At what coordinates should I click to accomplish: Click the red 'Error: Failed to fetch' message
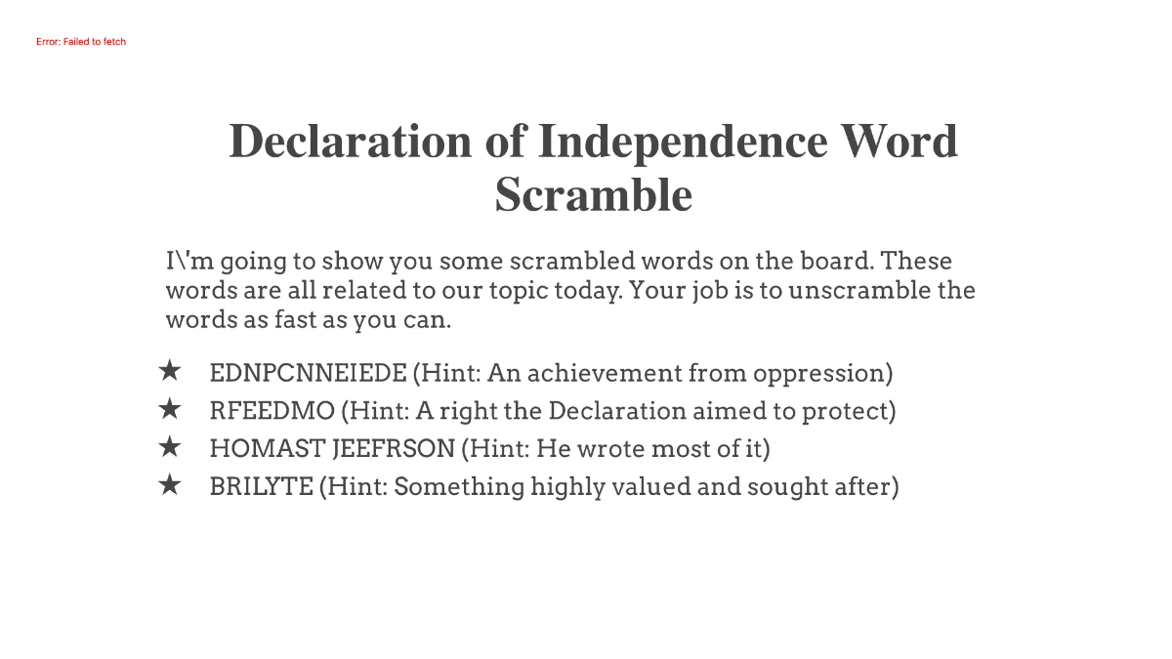[81, 42]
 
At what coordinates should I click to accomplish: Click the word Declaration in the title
[349, 141]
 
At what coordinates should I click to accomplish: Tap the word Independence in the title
[683, 141]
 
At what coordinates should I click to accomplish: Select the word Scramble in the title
[593, 194]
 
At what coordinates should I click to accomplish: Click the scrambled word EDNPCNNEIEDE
[308, 373]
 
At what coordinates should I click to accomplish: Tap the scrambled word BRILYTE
[261, 486]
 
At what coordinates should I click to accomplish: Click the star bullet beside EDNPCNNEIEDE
[170, 371]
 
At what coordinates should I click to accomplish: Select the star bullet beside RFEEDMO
[170, 409]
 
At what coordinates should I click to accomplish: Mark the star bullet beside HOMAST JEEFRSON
[170, 447]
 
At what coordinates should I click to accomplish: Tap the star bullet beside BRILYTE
[170, 484]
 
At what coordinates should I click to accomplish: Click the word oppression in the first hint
[830, 373]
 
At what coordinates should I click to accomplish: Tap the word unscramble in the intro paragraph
[860, 291]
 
